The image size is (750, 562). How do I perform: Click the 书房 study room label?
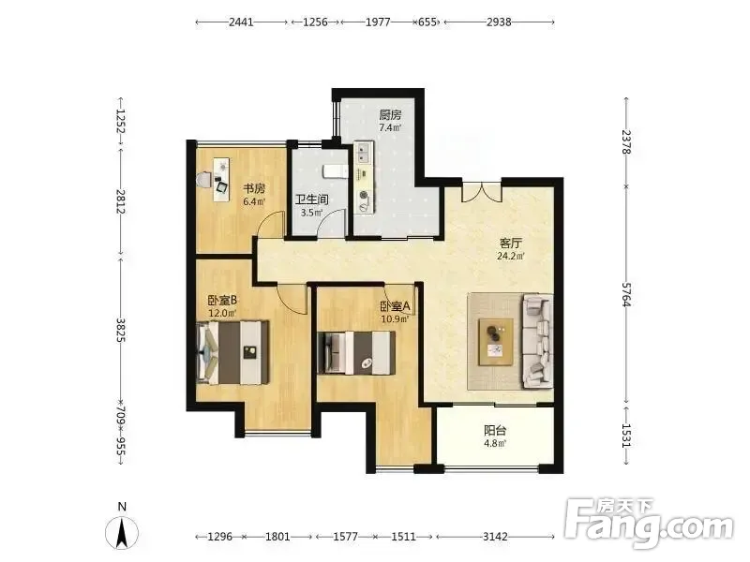click(254, 188)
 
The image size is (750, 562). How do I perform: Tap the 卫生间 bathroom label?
click(311, 200)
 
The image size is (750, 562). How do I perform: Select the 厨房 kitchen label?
click(390, 114)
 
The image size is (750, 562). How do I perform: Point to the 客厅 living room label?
click(510, 243)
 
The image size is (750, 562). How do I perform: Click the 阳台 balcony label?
click(495, 430)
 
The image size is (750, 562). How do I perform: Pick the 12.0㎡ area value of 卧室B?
click(222, 313)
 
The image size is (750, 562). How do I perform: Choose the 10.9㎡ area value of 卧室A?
click(395, 318)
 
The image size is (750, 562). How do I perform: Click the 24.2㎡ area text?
click(510, 256)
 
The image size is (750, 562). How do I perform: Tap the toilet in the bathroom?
click(335, 171)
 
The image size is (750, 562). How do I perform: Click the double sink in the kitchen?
click(364, 152)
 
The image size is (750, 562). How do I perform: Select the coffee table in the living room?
click(496, 342)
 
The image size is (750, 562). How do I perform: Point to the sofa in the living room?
click(537, 341)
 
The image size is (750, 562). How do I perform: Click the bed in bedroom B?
click(232, 353)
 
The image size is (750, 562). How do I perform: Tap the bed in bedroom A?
click(356, 353)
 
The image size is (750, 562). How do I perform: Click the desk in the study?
click(221, 180)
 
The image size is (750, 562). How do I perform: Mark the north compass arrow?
click(122, 532)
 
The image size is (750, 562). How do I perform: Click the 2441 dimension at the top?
click(241, 22)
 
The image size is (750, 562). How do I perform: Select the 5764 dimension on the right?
click(626, 294)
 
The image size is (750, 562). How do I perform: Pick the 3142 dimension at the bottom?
click(495, 537)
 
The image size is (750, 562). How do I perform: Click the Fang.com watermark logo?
click(649, 524)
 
